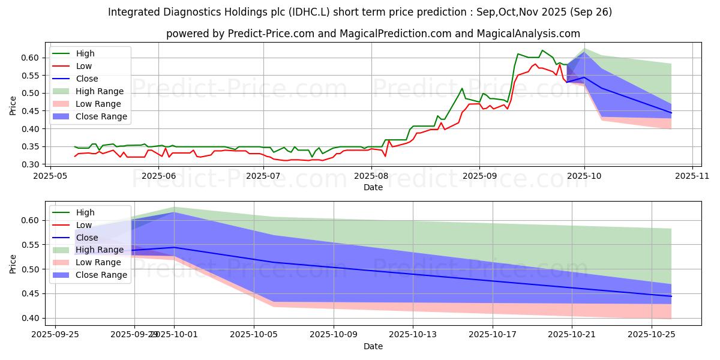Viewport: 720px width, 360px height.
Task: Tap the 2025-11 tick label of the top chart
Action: point(692,176)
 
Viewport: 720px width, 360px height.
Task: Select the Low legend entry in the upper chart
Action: point(84,66)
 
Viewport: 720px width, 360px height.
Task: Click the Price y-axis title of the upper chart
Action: point(13,105)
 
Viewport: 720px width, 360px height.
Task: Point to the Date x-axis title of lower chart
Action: point(373,346)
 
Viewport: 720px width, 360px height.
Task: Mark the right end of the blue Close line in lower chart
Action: point(671,296)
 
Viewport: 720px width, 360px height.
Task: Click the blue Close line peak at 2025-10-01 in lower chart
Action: point(174,247)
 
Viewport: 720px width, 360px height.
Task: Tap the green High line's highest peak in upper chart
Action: point(542,50)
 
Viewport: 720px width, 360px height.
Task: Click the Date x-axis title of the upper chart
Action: point(373,187)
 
